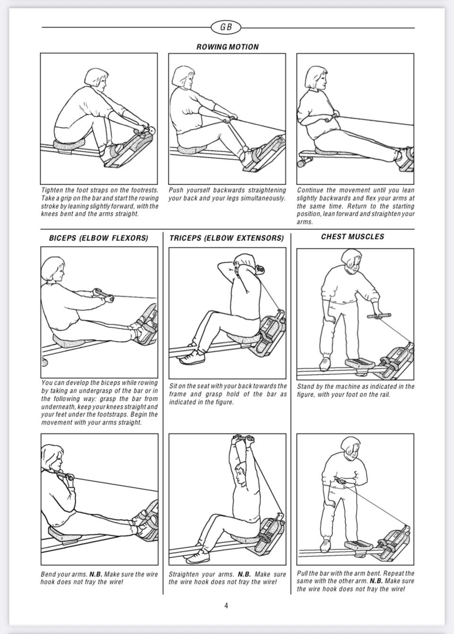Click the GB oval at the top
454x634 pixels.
pyautogui.click(x=226, y=27)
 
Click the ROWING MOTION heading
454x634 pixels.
pyautogui.click(x=227, y=47)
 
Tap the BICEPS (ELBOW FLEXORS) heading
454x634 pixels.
pyautogui.click(x=98, y=238)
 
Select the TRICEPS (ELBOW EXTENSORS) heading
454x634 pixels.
pyautogui.click(x=227, y=238)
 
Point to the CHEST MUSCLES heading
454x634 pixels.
pyautogui.click(x=352, y=237)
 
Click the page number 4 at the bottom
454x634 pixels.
pyautogui.click(x=226, y=606)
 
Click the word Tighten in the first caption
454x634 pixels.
pyautogui.click(x=52, y=190)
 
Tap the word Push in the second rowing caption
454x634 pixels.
pyautogui.click(x=175, y=190)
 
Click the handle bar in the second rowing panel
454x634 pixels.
pyautogui.click(x=230, y=119)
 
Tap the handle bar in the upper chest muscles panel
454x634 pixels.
pyautogui.click(x=379, y=316)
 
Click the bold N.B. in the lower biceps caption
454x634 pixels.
pyautogui.click(x=96, y=574)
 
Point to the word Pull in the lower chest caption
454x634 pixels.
pyautogui.click(x=302, y=573)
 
